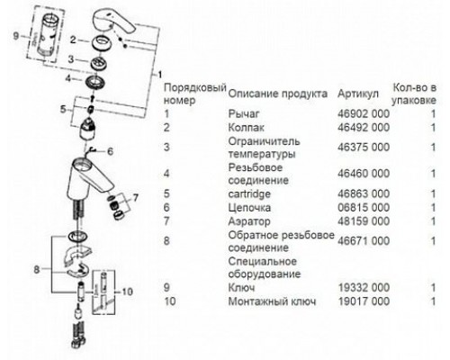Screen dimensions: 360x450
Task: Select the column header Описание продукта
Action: click(274, 94)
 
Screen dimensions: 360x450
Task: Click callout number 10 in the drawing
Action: click(125, 291)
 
